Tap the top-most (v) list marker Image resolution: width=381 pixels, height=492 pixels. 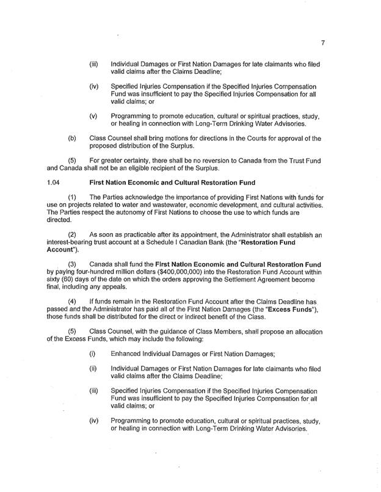[93, 115]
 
